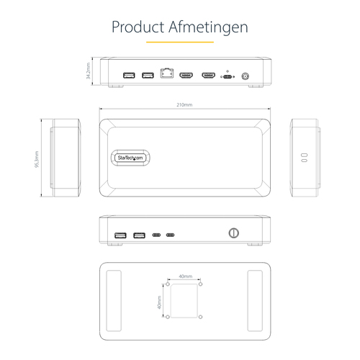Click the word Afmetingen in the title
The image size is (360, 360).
pyautogui.click(x=213, y=27)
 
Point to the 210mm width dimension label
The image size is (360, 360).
pyautogui.click(x=184, y=105)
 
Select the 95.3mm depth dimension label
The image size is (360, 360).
pyautogui.click(x=37, y=158)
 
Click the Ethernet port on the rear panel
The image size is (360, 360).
pyautogui.click(x=167, y=74)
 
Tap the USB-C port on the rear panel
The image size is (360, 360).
pyautogui.click(x=228, y=76)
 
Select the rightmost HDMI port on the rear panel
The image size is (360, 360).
pyautogui.click(x=209, y=74)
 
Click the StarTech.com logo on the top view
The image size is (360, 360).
pyautogui.click(x=130, y=158)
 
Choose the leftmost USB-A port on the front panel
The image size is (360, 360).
pyautogui.click(x=120, y=234)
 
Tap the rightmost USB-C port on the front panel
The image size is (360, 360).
pyautogui.click(x=170, y=235)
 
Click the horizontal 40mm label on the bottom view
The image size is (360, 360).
pyautogui.click(x=185, y=276)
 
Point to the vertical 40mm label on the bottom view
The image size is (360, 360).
pyautogui.click(x=159, y=301)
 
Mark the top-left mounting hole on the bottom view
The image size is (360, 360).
pyautogui.click(x=168, y=284)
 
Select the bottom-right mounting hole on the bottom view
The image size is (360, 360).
pyautogui.click(x=202, y=318)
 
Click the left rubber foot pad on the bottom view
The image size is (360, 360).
pyautogui.click(x=113, y=301)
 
